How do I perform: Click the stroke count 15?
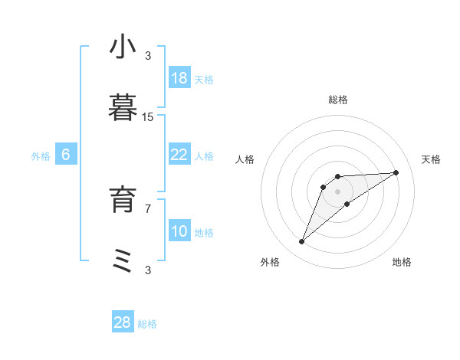point(148,116)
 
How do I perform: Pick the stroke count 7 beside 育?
point(148,208)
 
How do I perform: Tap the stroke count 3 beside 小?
point(148,55)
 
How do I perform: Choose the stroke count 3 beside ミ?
point(148,269)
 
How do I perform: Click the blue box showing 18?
point(179,78)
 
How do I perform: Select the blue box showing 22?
point(179,155)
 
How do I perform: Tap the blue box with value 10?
point(179,231)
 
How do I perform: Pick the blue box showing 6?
point(66,155)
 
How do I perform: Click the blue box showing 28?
point(123,322)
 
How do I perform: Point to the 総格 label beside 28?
point(147,324)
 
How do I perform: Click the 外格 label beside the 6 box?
point(41,156)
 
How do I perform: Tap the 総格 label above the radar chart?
point(338,100)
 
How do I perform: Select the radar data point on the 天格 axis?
point(396,172)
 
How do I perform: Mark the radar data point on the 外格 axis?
point(301,242)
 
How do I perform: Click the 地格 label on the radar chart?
point(402,262)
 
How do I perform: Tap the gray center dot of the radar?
point(338,191)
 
